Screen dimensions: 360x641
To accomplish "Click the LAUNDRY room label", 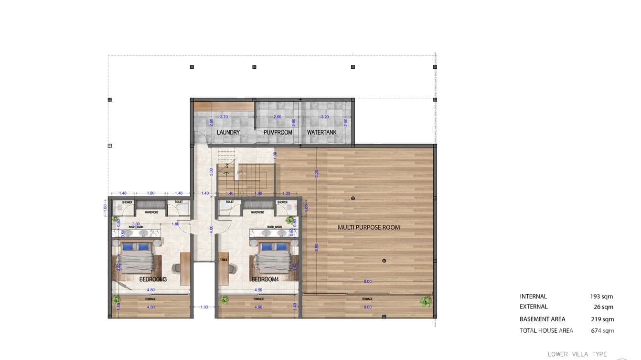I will coord(228,132).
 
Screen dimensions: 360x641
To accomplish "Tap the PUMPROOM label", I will coord(278,132).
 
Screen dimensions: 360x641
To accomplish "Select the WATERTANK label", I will coord(321,132).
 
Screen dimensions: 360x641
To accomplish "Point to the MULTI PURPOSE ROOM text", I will coord(369,227).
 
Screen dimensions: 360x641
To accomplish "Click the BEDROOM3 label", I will coord(153,279).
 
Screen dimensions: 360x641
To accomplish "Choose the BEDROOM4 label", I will coord(265,279).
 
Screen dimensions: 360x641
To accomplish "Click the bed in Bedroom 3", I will coord(137,260).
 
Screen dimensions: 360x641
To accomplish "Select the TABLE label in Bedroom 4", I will coord(223,260).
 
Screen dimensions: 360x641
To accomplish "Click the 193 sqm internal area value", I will coord(601,296).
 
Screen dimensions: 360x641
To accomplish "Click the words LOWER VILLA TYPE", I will coord(577,354).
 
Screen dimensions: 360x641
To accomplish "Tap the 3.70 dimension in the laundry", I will coord(224,117).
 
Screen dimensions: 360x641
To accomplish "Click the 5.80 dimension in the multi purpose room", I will coord(317,247).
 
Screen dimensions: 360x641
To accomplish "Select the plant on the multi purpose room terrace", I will coord(426,301).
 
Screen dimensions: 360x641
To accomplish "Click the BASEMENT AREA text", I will coord(542,319).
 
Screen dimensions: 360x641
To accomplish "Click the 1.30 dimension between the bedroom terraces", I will coord(204,307).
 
